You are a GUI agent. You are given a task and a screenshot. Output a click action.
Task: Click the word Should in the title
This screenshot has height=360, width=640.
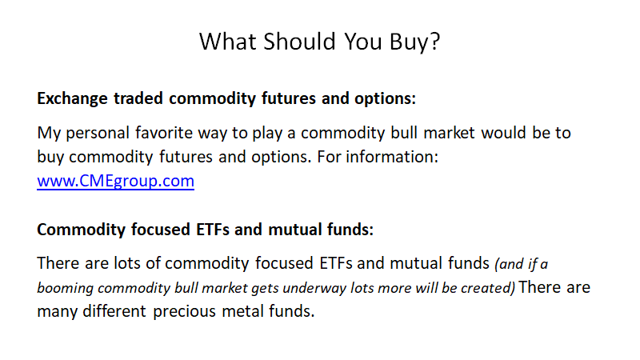[299, 42]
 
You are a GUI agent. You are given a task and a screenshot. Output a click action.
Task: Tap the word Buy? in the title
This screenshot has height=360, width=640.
[414, 42]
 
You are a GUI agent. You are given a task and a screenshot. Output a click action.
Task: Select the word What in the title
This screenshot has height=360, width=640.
[228, 42]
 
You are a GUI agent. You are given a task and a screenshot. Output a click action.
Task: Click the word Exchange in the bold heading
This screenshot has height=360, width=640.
[72, 98]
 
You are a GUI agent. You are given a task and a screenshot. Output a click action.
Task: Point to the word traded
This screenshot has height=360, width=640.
[138, 98]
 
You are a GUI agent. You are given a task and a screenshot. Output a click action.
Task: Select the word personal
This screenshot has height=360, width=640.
[98, 134]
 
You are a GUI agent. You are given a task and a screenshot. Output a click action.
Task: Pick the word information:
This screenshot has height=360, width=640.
[392, 157]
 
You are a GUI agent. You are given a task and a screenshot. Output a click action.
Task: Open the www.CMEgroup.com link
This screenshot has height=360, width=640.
[115, 182]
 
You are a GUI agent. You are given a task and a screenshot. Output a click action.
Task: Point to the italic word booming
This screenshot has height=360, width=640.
[65, 289]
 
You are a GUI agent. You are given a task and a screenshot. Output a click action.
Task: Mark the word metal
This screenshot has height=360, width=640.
[242, 311]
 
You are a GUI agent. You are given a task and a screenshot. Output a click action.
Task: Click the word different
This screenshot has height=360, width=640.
[114, 311]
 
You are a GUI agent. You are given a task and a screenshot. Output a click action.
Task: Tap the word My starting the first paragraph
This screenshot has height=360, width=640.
[49, 134]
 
